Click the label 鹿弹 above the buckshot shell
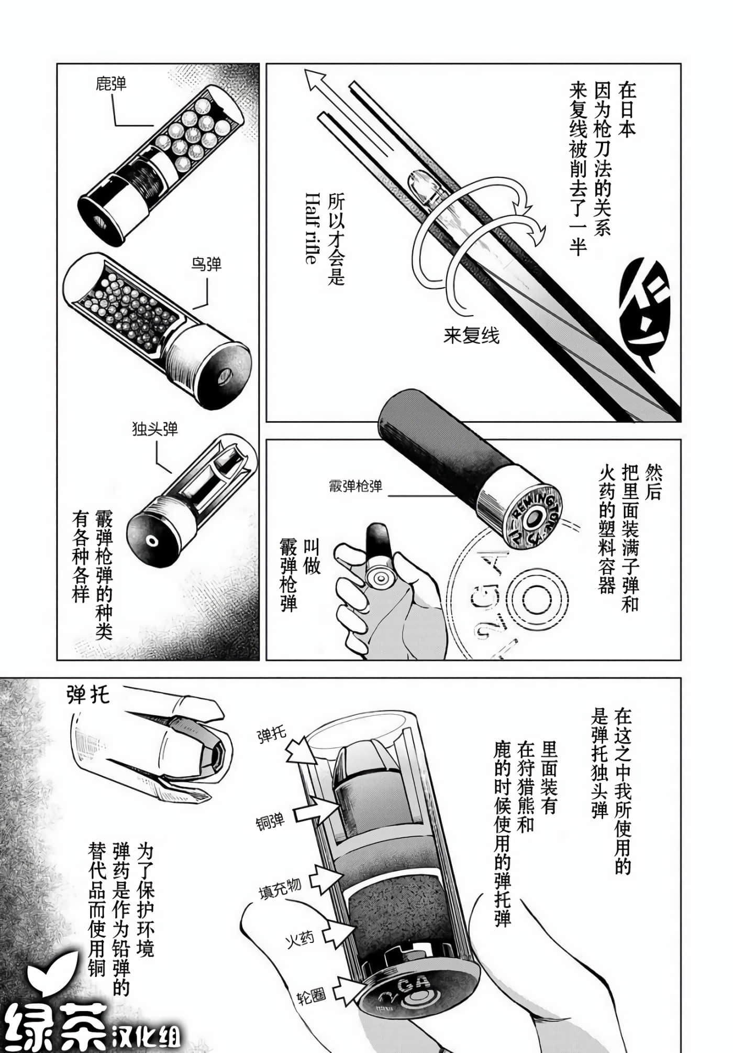(x=112, y=84)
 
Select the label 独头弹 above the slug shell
(x=156, y=429)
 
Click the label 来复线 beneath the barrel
(x=471, y=335)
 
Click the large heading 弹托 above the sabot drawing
(x=88, y=694)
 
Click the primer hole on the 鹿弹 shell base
(x=98, y=222)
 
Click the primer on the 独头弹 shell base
(x=152, y=540)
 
